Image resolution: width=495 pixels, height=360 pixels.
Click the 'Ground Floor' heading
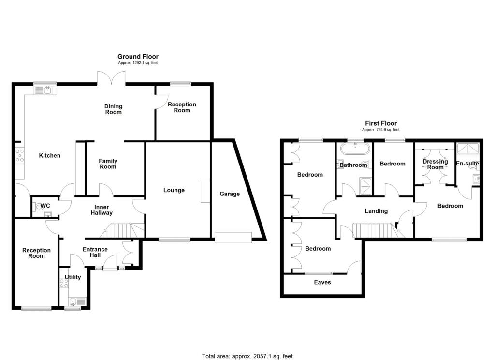pos(138,57)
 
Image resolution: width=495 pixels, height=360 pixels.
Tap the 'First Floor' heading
pos(381,124)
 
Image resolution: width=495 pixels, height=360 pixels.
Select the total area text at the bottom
pos(247,356)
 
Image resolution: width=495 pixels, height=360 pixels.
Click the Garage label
pos(230,194)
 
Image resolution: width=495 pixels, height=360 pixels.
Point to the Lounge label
pos(174,190)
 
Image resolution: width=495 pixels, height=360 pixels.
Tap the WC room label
pos(45,206)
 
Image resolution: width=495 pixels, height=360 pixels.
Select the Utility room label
pos(73,277)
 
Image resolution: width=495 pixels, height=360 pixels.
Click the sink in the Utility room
pos(73,302)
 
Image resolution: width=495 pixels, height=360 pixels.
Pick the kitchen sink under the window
pos(47,90)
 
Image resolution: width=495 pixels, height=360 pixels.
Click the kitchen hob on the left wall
pos(21,155)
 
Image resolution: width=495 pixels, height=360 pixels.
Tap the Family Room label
pos(108,164)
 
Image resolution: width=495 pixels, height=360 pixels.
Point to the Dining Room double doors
pos(112,77)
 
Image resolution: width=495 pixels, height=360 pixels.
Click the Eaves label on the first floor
pos(322,282)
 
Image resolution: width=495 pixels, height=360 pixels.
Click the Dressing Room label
pos(435,165)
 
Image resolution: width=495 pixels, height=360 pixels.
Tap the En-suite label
pos(467,164)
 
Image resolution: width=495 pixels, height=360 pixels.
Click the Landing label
pos(376,211)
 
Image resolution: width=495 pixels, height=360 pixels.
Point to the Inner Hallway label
pos(102,210)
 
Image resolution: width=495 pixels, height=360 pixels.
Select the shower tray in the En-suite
pos(467,149)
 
